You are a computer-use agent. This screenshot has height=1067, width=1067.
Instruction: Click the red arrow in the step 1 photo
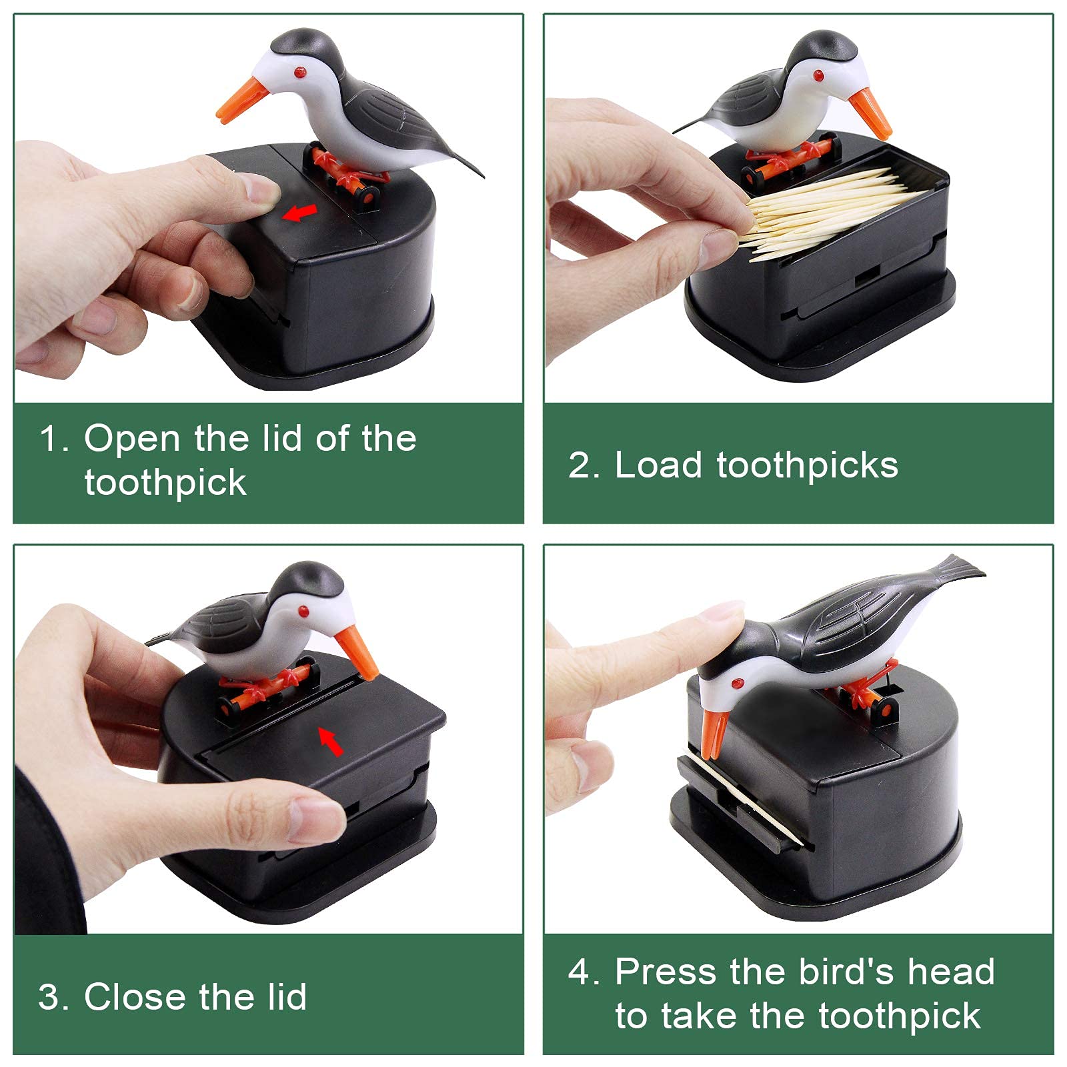pyautogui.click(x=299, y=213)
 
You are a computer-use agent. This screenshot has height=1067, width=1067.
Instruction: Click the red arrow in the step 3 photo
pyautogui.click(x=331, y=741)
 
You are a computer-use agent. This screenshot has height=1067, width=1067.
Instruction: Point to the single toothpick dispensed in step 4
pyautogui.click(x=747, y=797)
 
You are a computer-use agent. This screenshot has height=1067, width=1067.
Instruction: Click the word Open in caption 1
pyautogui.click(x=132, y=439)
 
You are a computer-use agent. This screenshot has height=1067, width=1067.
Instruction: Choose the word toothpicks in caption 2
pyautogui.click(x=807, y=466)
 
